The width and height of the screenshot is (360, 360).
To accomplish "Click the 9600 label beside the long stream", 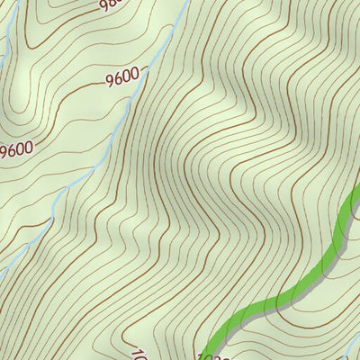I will click(123, 78).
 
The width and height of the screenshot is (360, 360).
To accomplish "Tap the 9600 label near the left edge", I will click(15, 148).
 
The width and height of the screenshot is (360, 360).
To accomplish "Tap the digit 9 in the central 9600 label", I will click(110, 82).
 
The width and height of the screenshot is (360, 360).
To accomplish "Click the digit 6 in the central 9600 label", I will click(119, 79).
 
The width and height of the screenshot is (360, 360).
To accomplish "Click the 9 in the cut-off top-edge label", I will click(103, 6).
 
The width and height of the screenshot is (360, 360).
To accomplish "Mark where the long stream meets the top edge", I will click(185, 2).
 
